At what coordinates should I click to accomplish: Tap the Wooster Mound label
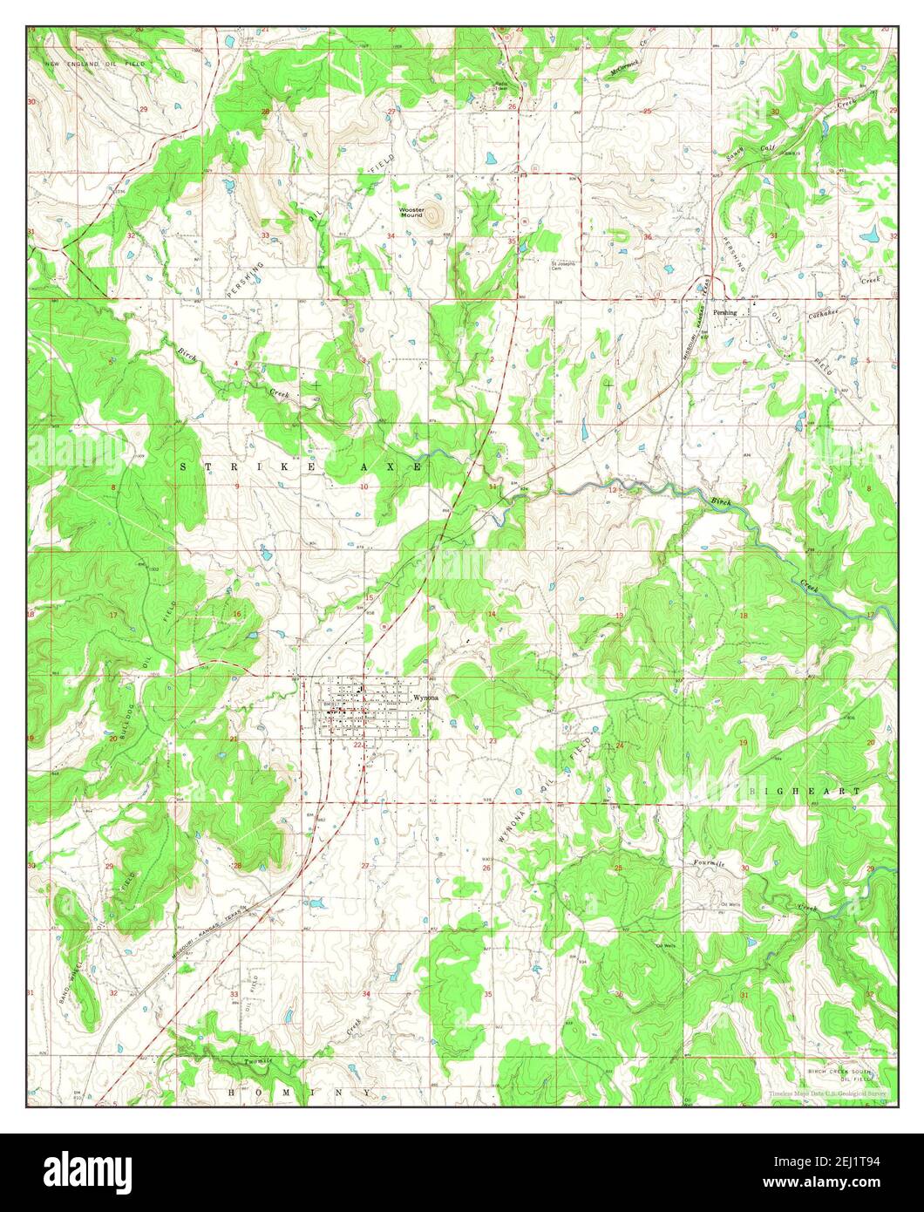tap(411, 212)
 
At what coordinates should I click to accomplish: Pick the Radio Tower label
tap(501, 86)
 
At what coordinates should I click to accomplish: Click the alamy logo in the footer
tap(88, 1168)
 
